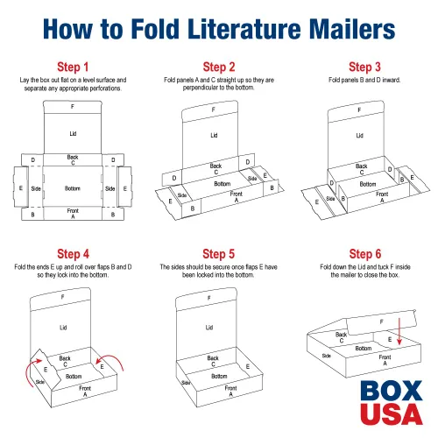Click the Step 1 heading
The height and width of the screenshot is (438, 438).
pyautogui.click(x=73, y=67)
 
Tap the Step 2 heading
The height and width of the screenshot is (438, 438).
pyautogui.click(x=219, y=67)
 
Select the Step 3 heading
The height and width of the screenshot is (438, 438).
pyautogui.click(x=364, y=67)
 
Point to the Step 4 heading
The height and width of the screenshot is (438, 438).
pyautogui.click(x=73, y=254)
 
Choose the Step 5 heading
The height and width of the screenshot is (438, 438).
pyautogui.click(x=219, y=254)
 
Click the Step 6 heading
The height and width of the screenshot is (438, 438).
pyautogui.click(x=365, y=254)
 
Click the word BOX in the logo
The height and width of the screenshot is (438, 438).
pyautogui.click(x=392, y=391)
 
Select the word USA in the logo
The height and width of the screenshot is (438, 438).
pyautogui.click(x=392, y=413)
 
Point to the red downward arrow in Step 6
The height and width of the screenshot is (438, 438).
pyautogui.click(x=399, y=332)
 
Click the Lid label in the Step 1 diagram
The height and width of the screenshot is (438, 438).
pyautogui.click(x=73, y=134)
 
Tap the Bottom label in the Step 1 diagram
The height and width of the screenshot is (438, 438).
pyautogui.click(x=73, y=188)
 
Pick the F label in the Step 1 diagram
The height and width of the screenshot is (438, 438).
pyautogui.click(x=73, y=107)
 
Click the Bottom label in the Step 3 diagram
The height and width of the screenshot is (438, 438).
pyautogui.click(x=368, y=184)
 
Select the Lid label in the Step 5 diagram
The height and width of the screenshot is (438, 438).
pyautogui.click(x=209, y=328)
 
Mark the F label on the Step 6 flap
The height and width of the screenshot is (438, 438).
pyautogui.click(x=381, y=321)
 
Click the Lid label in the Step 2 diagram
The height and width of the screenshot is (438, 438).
pyautogui.click(x=214, y=135)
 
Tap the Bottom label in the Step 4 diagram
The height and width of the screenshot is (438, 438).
pyautogui.click(x=74, y=377)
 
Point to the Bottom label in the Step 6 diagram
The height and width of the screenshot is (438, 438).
pyautogui.click(x=364, y=349)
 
